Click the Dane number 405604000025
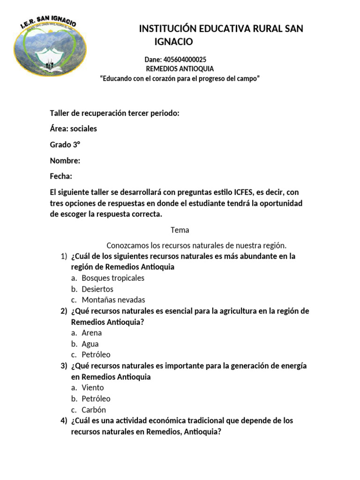175,60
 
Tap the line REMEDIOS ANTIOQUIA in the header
180,69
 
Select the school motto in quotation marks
180,79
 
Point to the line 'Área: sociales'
74,128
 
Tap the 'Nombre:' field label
65,161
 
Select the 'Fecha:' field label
61,176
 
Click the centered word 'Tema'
180,230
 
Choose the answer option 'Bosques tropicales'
113,278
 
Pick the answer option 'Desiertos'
97,289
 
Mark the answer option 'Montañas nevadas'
113,300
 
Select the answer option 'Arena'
92,333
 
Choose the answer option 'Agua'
90,344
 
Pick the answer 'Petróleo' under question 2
96,355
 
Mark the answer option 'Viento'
93,388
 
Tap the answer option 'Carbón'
94,410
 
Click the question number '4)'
64,420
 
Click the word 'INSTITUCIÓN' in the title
168,29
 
